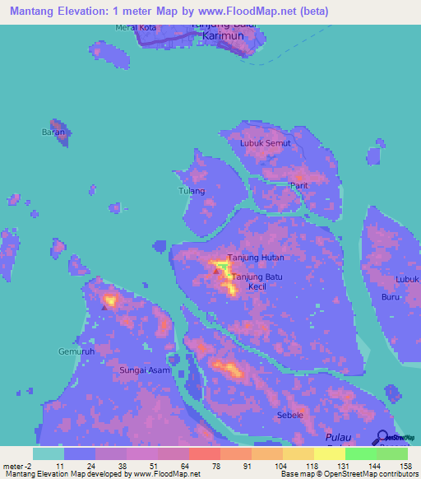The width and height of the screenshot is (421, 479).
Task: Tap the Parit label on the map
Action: click(x=298, y=186)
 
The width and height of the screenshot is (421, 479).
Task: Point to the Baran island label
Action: click(x=53, y=132)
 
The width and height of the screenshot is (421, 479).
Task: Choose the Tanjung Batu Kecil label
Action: click(x=257, y=282)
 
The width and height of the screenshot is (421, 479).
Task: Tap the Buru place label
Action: click(x=391, y=296)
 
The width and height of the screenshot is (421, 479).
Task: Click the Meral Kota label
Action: click(x=136, y=28)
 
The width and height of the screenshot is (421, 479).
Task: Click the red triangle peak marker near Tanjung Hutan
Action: click(x=216, y=270)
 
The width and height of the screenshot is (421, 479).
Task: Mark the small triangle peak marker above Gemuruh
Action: click(x=104, y=308)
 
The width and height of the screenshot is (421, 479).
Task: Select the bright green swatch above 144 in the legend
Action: click(x=360, y=453)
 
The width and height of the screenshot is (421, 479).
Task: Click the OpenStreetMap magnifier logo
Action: click(x=383, y=437)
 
